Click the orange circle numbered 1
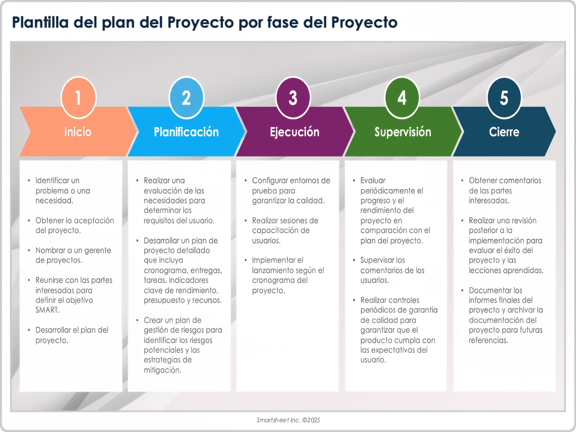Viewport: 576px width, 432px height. tap(79, 97)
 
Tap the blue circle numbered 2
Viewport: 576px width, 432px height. tap(186, 97)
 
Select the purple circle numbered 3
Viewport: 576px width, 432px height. tap(293, 97)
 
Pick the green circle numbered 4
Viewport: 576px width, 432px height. tap(402, 97)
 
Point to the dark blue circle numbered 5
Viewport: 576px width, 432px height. tap(504, 97)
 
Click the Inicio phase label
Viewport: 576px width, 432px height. tap(78, 132)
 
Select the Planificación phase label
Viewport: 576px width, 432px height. tap(186, 132)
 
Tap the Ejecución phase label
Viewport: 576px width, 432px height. tap(295, 132)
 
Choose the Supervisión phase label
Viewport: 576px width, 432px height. tap(403, 132)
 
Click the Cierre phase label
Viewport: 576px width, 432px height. tap(504, 132)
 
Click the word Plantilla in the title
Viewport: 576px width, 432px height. tap(40, 22)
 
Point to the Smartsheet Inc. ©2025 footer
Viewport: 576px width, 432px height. tap(288, 420)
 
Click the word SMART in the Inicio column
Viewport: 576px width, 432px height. tap(47, 310)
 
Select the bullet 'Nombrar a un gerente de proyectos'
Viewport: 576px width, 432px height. tap(73, 255)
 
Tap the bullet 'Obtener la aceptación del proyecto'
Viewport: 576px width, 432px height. tap(74, 225)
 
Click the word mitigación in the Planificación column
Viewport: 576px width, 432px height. tap(162, 370)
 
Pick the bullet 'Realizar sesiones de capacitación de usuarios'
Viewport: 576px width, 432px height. tap(285, 230)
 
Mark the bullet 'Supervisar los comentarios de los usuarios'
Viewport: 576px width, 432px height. tap(392, 270)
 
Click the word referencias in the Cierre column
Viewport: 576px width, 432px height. tap(488, 340)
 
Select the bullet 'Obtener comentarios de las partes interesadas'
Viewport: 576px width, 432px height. tap(505, 190)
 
